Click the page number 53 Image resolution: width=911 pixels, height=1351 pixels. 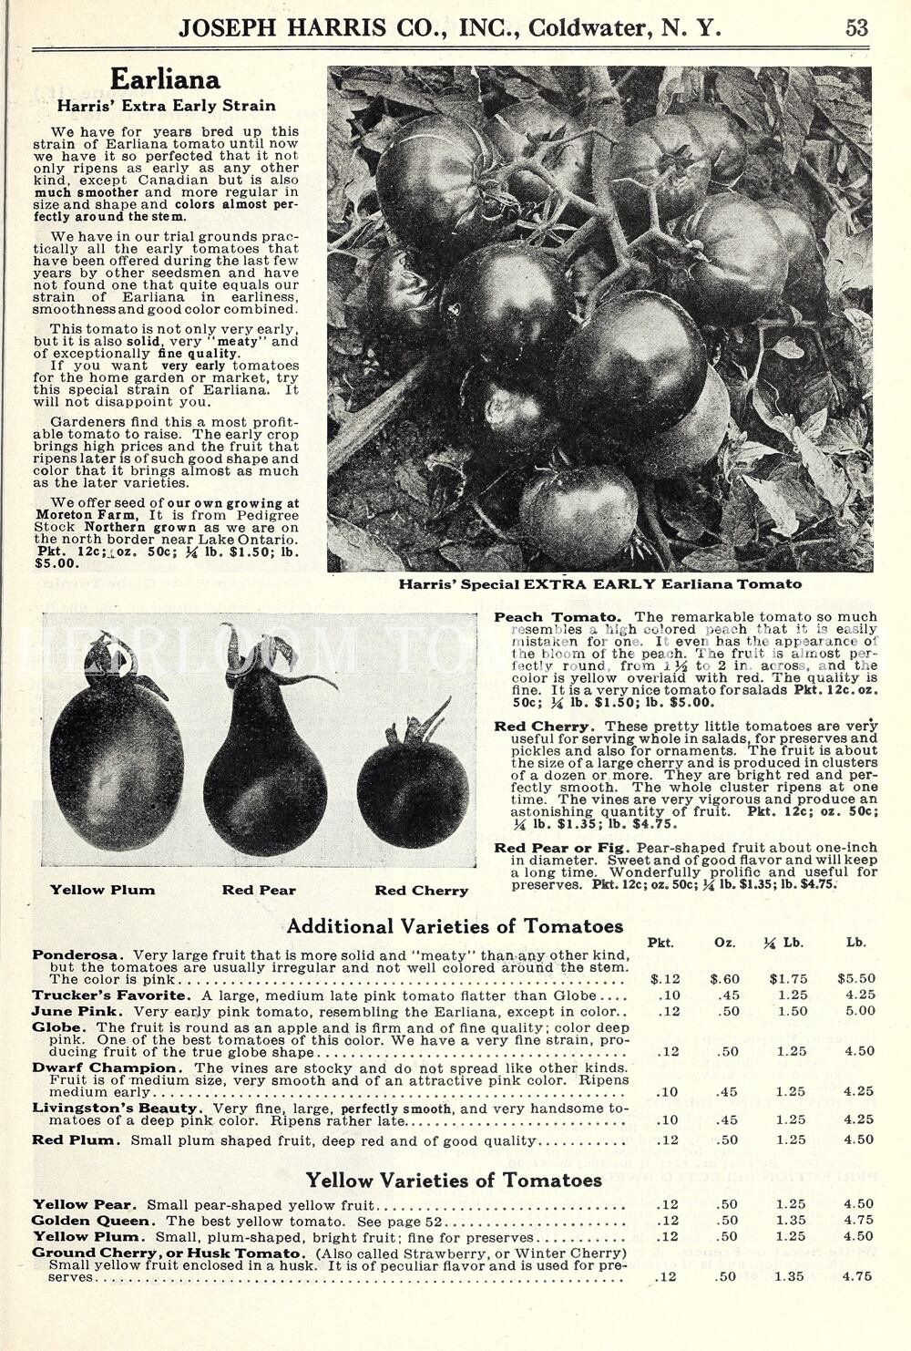pyautogui.click(x=856, y=27)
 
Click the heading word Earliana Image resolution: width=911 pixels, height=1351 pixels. pyautogui.click(x=165, y=81)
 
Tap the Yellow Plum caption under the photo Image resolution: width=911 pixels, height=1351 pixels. pyautogui.click(x=102, y=890)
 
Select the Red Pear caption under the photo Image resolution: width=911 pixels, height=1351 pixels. pyautogui.click(x=259, y=890)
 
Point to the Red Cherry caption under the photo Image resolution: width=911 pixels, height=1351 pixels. pyautogui.click(x=421, y=891)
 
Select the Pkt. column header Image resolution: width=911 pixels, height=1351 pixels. pyautogui.click(x=660, y=943)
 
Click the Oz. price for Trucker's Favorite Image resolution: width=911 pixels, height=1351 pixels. pyautogui.click(x=725, y=995)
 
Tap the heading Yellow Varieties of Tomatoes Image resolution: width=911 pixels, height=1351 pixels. pyautogui.click(x=454, y=1181)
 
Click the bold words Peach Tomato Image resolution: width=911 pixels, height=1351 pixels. pyautogui.click(x=558, y=617)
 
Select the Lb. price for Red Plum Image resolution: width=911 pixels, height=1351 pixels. pyautogui.click(x=857, y=1140)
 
